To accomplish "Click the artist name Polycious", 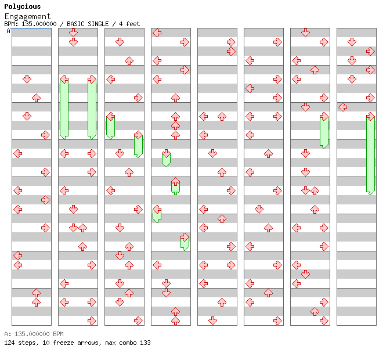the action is tap(23, 6).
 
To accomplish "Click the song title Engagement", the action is tap(27, 17).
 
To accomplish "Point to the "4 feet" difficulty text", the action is tap(129, 24).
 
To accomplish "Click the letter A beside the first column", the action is tap(8, 31).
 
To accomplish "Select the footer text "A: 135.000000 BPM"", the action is tap(34, 334).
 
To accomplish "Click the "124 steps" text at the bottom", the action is tap(21, 343).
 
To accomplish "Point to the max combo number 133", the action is tap(145, 343).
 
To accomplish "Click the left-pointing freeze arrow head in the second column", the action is tap(64, 80).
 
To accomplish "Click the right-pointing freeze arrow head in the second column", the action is tap(92, 80).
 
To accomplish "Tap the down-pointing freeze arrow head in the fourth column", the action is tap(166, 154).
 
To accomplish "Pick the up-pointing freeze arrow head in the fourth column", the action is tap(175, 182).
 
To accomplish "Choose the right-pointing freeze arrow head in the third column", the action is tap(138, 135).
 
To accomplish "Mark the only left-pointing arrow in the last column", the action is tap(343, 107).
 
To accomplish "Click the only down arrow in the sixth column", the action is tap(259, 210).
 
